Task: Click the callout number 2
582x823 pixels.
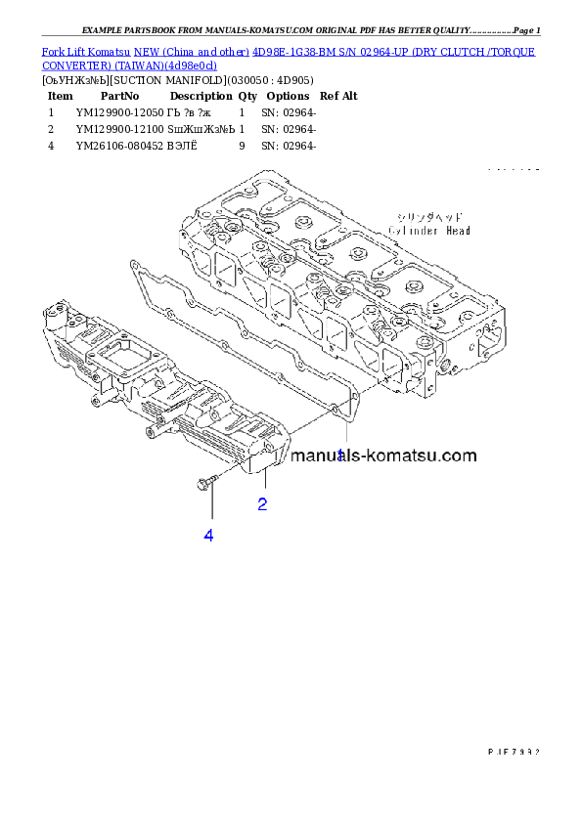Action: (263, 504)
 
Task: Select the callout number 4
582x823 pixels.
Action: (208, 535)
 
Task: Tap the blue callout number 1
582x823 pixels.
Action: (340, 455)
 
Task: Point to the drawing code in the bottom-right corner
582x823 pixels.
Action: (513, 751)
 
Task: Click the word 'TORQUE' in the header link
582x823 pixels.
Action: (510, 50)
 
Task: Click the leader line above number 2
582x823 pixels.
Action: (265, 480)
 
